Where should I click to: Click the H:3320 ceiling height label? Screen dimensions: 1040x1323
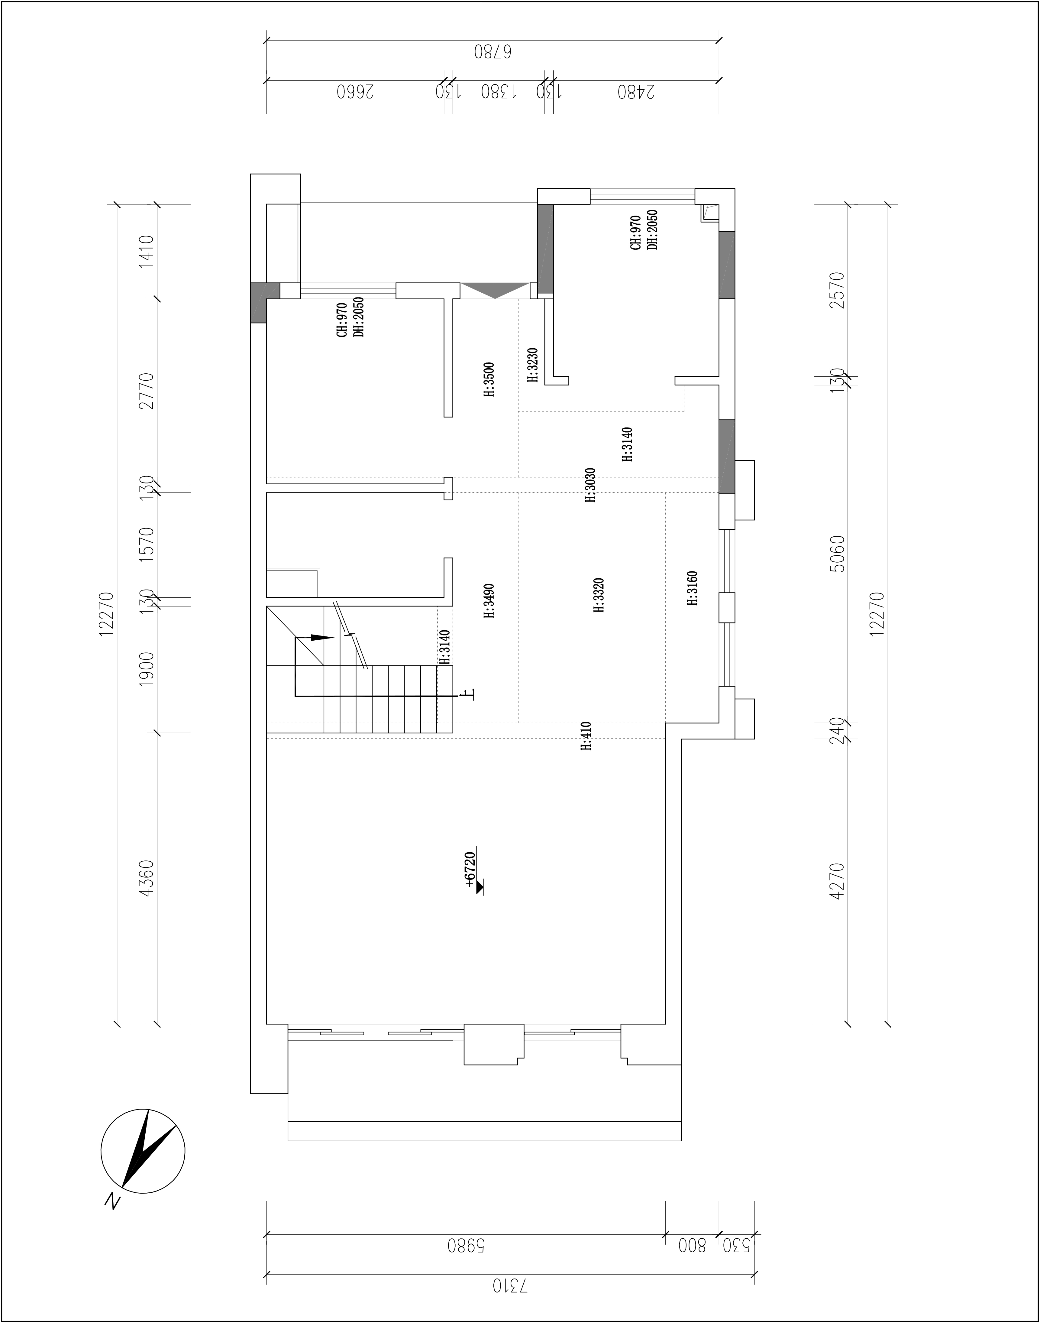(599, 595)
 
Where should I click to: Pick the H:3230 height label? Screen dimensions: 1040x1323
(533, 365)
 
